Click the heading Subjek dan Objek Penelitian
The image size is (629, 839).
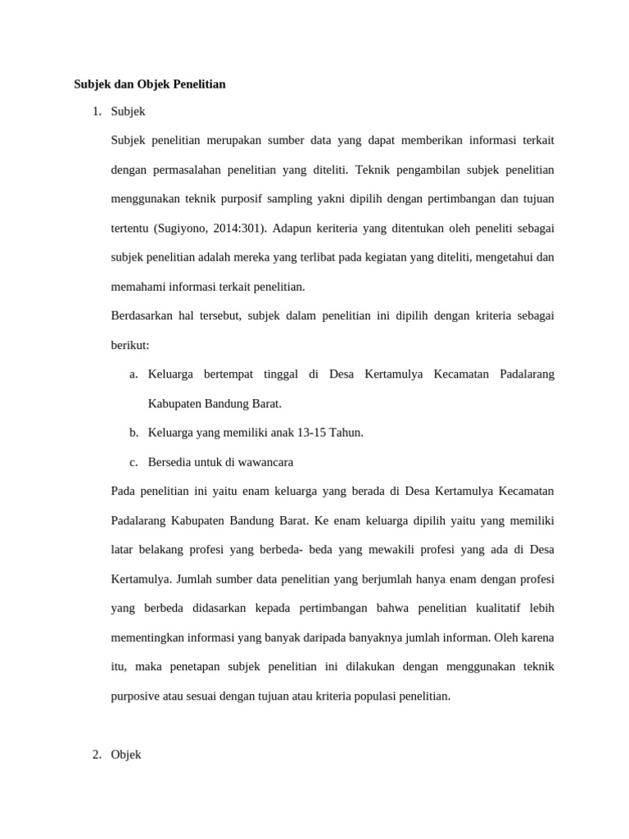(x=150, y=84)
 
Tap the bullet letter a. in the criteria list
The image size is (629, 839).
(x=133, y=374)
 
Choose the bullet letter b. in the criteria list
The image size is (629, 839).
(x=133, y=433)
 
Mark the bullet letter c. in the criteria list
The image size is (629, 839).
(x=133, y=462)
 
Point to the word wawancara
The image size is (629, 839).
(x=265, y=462)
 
